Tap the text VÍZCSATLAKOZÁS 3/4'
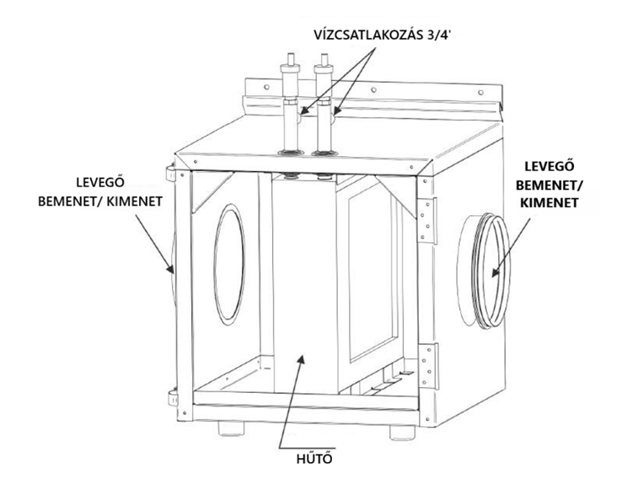point(383,35)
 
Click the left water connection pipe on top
point(291,105)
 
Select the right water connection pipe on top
point(324,105)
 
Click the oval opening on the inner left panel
point(229,264)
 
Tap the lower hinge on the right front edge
point(429,366)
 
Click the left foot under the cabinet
point(231,428)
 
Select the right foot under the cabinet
point(402,432)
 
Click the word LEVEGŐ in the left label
point(100,182)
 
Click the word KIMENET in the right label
point(550,202)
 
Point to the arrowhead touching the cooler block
point(301,361)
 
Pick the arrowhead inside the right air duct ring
point(496,272)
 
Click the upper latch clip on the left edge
point(170,172)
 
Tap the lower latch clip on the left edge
point(173,398)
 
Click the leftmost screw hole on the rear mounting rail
point(266,87)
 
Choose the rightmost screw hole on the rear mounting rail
point(481,93)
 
